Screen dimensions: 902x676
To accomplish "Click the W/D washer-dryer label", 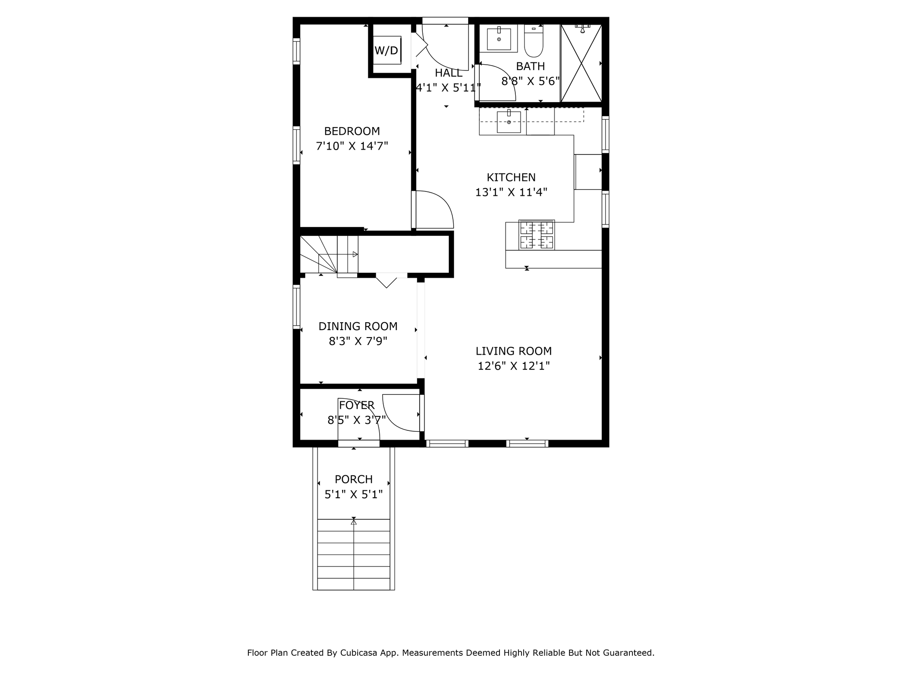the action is tap(386, 51).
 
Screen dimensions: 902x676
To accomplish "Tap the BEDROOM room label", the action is tap(352, 131).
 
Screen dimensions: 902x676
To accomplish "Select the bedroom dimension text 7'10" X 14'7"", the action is tap(352, 146).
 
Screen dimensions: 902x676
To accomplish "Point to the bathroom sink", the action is tap(499, 39).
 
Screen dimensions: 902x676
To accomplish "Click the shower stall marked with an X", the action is tap(581, 63).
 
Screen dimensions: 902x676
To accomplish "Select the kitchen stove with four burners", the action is tap(536, 235).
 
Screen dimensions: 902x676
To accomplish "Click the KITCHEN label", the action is tap(511, 177).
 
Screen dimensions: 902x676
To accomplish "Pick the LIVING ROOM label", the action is tap(514, 351).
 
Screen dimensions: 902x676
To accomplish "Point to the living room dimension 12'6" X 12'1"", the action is tap(514, 366).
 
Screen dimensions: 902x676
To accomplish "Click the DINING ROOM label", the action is tap(358, 327).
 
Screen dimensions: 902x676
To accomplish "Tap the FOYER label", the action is tap(357, 405).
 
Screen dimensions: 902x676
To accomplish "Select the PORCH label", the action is tap(354, 479).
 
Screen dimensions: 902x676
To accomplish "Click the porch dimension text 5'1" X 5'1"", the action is tap(354, 494).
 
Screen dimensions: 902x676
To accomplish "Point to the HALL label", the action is tap(449, 73).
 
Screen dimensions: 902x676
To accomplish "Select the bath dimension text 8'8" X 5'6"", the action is tap(530, 81).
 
